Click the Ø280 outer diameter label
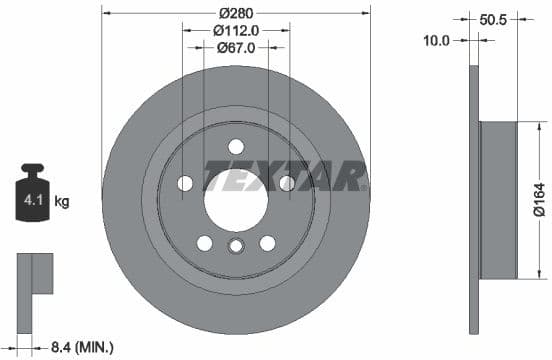click(x=235, y=12)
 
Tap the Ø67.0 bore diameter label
click(x=236, y=48)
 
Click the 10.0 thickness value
click(x=437, y=41)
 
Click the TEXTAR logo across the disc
click(x=284, y=177)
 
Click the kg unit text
click(x=62, y=202)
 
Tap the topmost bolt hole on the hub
click(x=236, y=146)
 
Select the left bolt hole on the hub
click(x=185, y=183)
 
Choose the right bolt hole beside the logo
click(x=287, y=183)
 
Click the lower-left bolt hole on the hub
click(x=205, y=243)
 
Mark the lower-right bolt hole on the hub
click(x=267, y=243)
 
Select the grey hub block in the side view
click(x=498, y=200)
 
